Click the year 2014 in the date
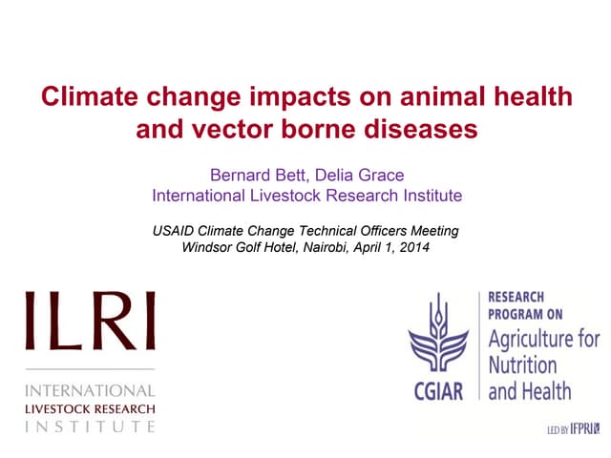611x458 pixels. click(x=413, y=249)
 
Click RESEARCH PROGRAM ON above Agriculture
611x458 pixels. click(x=524, y=305)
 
